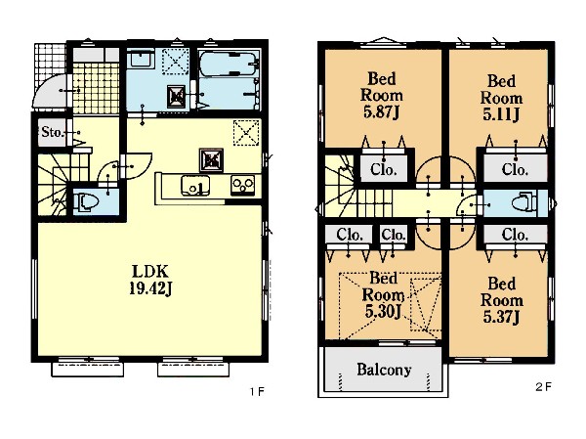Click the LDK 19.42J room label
pos(150,280)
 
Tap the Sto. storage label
pos(53,132)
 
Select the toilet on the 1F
pos(88,202)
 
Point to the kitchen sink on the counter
pos(195,185)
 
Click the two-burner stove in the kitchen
pos(243,185)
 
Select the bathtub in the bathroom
pos(228,64)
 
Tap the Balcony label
pos(384,370)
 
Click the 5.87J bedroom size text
pos(381,111)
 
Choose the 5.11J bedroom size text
pos(501,114)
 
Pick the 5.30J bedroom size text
pos(383,311)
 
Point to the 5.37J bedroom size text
pos(501,317)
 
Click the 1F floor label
pos(257,391)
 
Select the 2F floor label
pos(543,387)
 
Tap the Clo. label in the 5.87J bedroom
pos(384,169)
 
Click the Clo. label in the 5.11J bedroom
pos(515,169)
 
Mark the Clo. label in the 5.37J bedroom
pos(515,235)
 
